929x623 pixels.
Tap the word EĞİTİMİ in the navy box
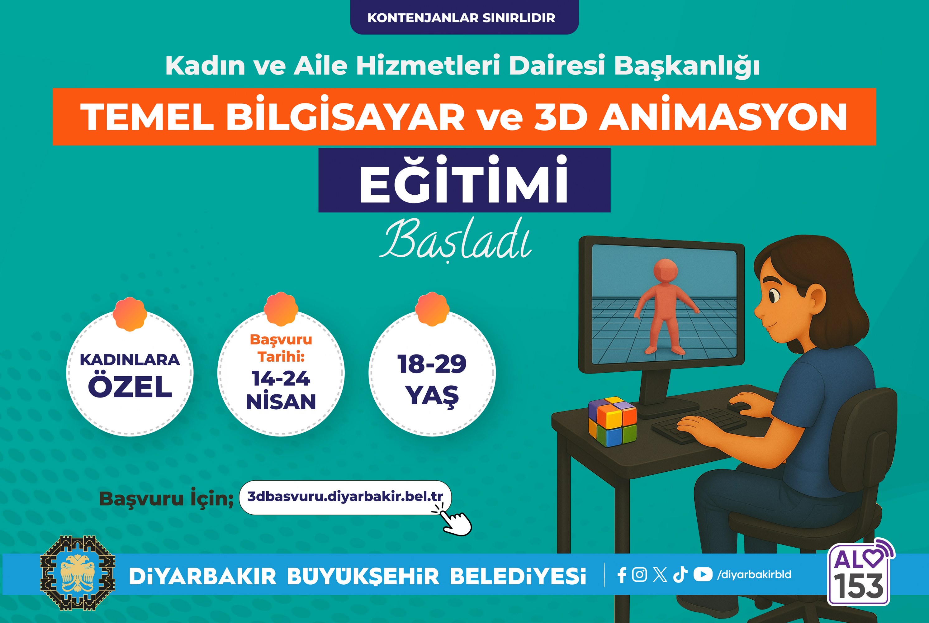[x=464, y=180]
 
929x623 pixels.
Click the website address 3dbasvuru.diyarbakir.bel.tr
[x=345, y=496]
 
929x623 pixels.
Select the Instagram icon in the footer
[x=639, y=574]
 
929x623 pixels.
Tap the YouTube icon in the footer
[x=703, y=574]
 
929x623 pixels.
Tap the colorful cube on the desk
[x=612, y=421]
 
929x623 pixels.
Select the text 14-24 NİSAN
[x=281, y=390]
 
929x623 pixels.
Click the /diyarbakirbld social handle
[x=754, y=574]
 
